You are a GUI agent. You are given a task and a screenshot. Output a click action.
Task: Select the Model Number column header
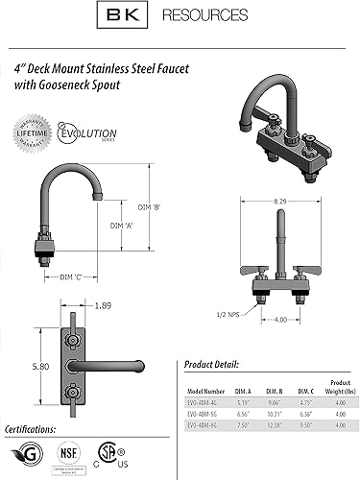click(x=205, y=393)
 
